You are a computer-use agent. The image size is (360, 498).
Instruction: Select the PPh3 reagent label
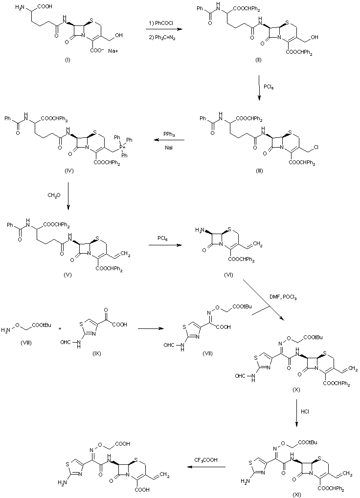(169, 133)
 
